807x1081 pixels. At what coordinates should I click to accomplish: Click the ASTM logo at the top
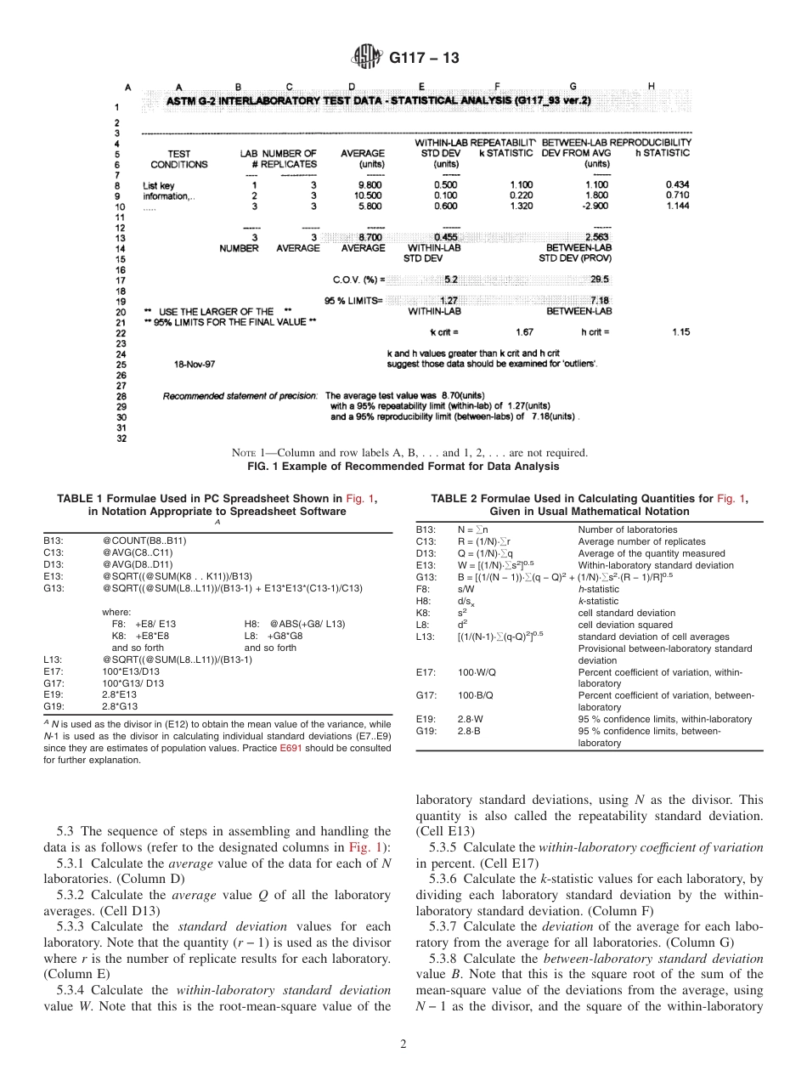click(x=367, y=58)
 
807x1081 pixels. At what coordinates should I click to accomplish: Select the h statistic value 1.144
click(x=678, y=206)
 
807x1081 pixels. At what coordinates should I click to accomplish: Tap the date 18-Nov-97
click(x=195, y=364)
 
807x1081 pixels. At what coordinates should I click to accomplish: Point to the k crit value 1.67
click(x=524, y=332)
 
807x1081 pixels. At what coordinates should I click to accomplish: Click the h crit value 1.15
click(x=680, y=332)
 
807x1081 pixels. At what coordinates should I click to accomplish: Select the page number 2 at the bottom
click(x=403, y=1044)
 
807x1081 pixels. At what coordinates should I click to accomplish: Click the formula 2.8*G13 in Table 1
click(x=120, y=705)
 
